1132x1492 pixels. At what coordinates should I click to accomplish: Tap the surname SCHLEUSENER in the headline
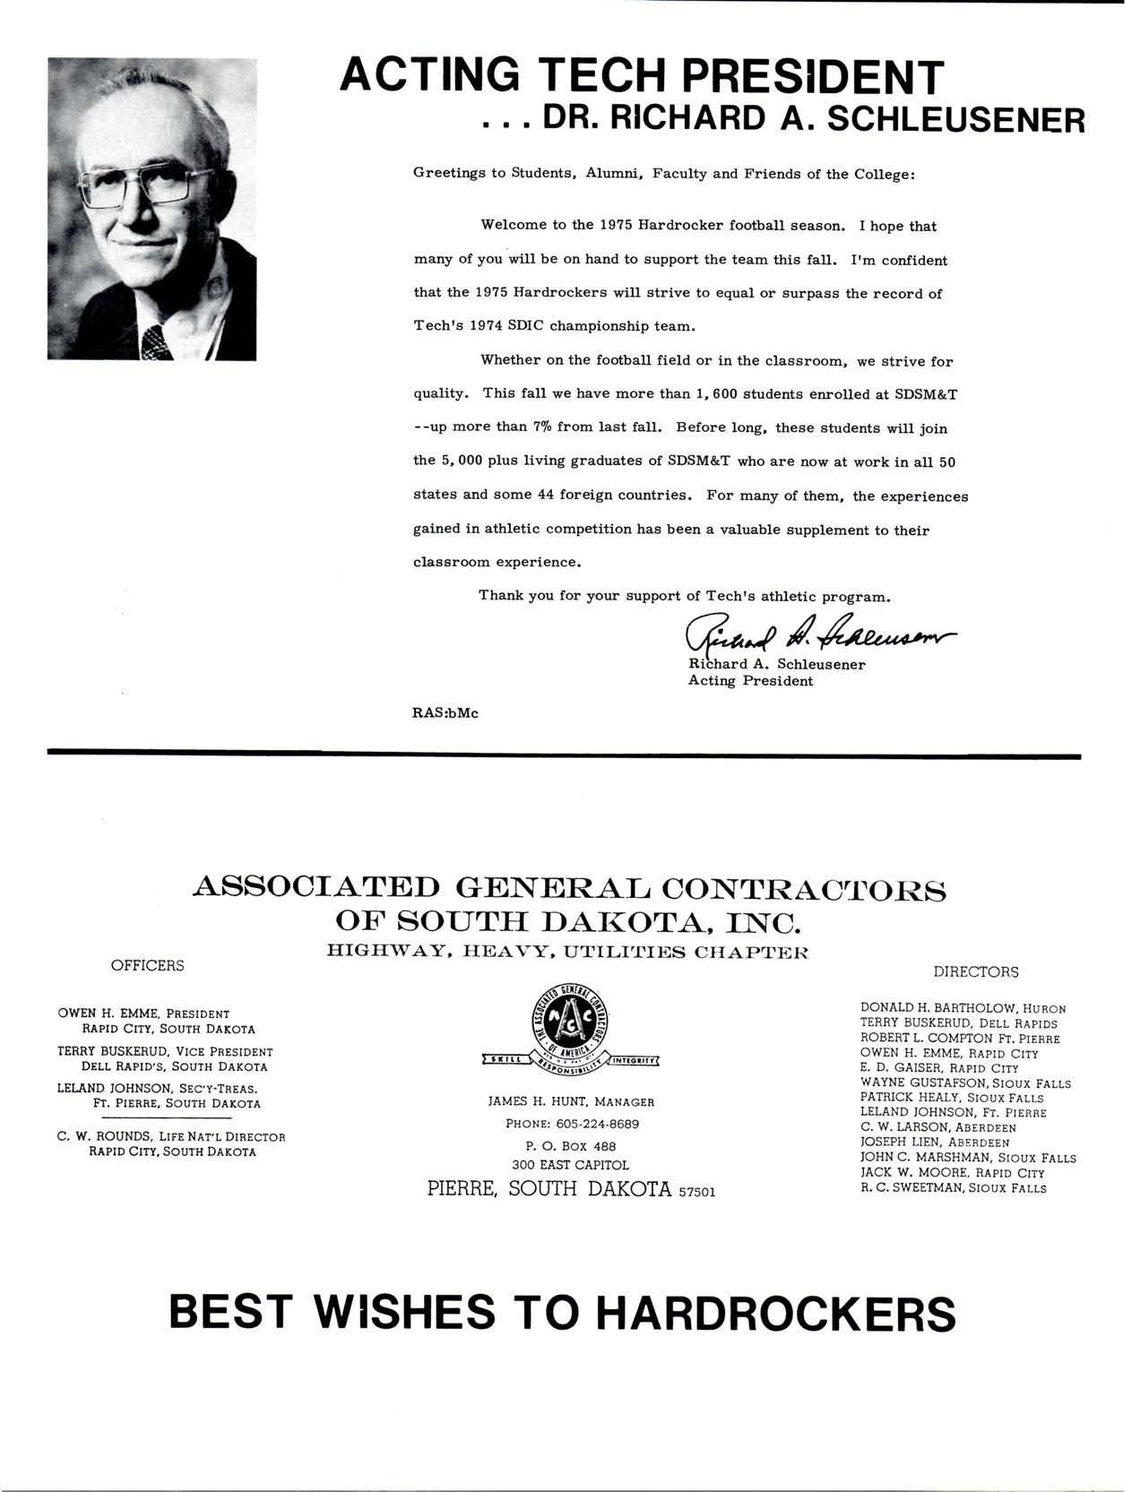(x=955, y=119)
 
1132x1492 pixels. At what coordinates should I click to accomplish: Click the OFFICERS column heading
(x=147, y=965)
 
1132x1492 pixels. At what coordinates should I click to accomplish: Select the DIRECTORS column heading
(x=976, y=971)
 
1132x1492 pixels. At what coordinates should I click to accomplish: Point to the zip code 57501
(x=697, y=1192)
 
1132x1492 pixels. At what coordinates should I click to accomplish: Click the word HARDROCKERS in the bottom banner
(x=775, y=1314)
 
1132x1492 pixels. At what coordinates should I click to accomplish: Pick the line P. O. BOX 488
(x=571, y=1145)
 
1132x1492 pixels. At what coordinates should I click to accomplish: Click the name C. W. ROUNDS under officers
(x=98, y=1137)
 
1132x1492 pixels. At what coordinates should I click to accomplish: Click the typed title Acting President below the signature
(x=750, y=681)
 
